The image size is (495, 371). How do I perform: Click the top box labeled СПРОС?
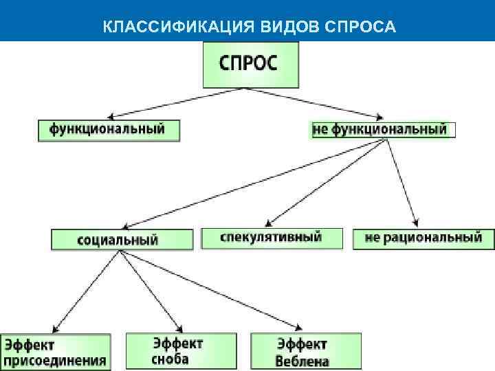click(x=250, y=65)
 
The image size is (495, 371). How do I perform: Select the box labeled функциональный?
click(x=109, y=130)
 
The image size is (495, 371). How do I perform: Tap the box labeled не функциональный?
click(x=379, y=129)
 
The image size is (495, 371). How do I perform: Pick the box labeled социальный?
click(x=122, y=240)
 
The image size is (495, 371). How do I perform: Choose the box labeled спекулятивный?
click(x=272, y=238)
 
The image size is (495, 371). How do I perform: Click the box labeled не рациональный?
click(x=423, y=238)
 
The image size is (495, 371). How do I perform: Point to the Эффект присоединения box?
click(x=55, y=352)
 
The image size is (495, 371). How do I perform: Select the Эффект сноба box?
click(x=180, y=351)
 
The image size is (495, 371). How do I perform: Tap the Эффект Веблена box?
click(x=305, y=351)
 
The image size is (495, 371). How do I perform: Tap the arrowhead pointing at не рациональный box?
click(x=416, y=223)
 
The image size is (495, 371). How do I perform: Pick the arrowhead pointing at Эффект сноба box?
click(x=180, y=329)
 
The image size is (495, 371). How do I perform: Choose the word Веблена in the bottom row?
click(x=302, y=361)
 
